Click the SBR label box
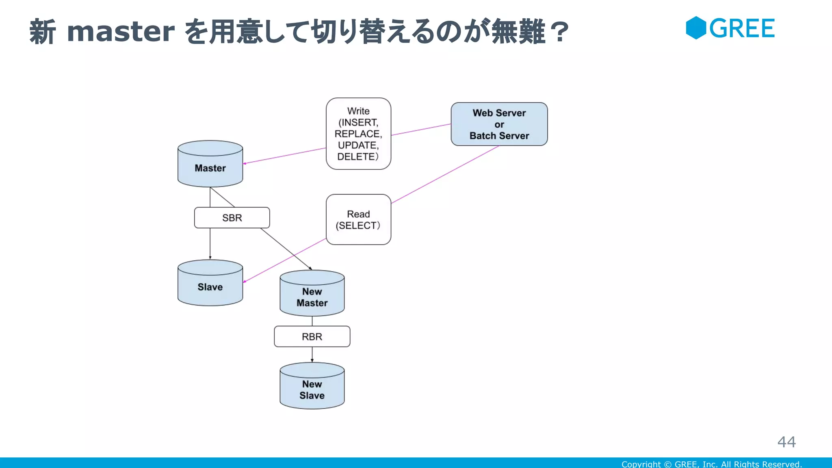pos(232,218)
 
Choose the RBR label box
pos(312,336)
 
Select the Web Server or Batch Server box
pos(499,124)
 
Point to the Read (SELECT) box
pos(358,219)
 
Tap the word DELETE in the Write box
pos(356,157)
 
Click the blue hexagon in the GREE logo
pos(696,28)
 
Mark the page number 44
pos(786,442)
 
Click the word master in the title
pos(121,31)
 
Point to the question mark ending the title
pos(561,32)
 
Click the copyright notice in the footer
pos(711,464)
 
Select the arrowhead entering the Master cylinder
pos(245,163)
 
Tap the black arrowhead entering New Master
pos(310,269)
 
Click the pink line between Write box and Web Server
pos(421,130)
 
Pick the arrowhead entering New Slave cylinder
pos(312,360)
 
